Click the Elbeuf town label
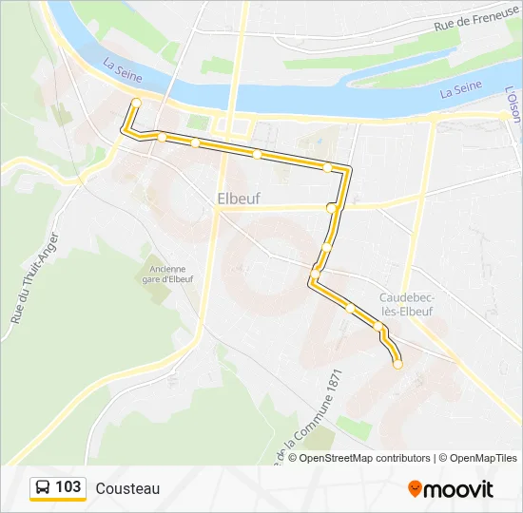(239, 199)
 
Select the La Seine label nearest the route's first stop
(121, 68)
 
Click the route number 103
(68, 487)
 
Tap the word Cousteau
(127, 488)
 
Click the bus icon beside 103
(43, 487)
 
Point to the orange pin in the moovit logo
(416, 489)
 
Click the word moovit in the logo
(458, 489)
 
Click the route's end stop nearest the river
(136, 103)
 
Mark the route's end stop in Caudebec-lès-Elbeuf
(397, 364)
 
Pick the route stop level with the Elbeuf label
(331, 207)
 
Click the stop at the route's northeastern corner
(327, 167)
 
